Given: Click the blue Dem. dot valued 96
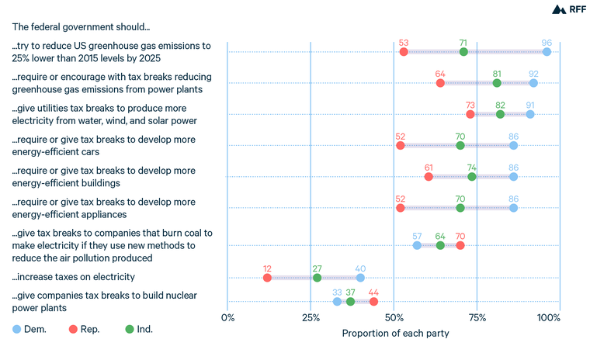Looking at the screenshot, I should [547, 52].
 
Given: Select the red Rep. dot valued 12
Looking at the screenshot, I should [267, 278].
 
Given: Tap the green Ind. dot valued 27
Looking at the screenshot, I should [317, 278].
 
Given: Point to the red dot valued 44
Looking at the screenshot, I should [373, 302].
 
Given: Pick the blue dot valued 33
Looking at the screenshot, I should [337, 302].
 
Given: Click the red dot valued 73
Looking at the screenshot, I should [470, 114].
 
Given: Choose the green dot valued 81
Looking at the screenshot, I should [497, 83].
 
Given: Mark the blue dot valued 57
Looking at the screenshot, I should [417, 245].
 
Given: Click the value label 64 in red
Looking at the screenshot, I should [440, 73].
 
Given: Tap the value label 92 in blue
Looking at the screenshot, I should [533, 73].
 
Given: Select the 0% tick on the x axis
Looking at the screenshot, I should [228, 318].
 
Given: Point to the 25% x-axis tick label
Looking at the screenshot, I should [311, 318].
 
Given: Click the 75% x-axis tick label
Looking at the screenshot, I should [477, 318].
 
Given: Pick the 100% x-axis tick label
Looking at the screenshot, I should [548, 318].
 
